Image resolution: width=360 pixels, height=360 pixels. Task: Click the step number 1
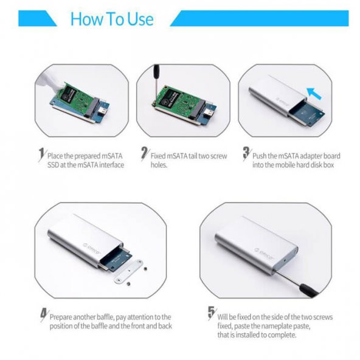click(41, 153)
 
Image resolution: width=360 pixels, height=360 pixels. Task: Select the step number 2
click(144, 153)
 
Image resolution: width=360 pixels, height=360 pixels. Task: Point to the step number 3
click(246, 153)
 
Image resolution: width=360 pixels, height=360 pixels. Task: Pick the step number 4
click(43, 314)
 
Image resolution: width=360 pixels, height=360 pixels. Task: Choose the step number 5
click(211, 313)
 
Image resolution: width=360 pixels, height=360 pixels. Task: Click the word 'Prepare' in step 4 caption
click(63, 317)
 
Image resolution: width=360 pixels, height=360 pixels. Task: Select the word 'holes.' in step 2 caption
click(159, 165)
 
